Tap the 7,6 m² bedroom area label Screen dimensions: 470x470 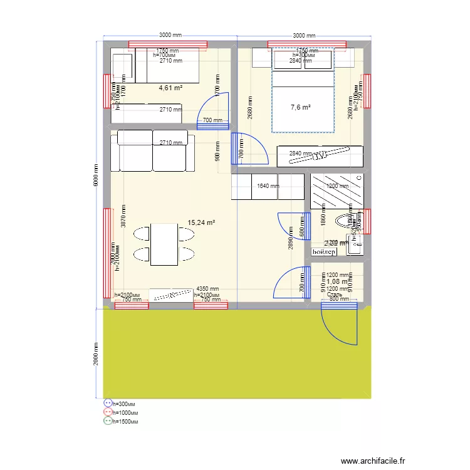tap(301, 108)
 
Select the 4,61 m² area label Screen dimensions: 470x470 tap(170, 88)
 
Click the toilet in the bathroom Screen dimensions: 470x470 tap(346, 221)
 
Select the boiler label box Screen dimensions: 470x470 tap(324, 251)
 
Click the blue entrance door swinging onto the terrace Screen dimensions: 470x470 tap(338, 323)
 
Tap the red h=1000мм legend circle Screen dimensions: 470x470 tap(108, 412)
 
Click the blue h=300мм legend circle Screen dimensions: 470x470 tap(108, 404)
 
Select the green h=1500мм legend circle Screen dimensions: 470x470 tap(108, 421)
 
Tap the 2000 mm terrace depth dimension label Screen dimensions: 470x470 tap(96, 354)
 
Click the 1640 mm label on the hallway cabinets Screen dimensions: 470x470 tap(267, 186)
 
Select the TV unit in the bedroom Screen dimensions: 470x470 tap(320, 155)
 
